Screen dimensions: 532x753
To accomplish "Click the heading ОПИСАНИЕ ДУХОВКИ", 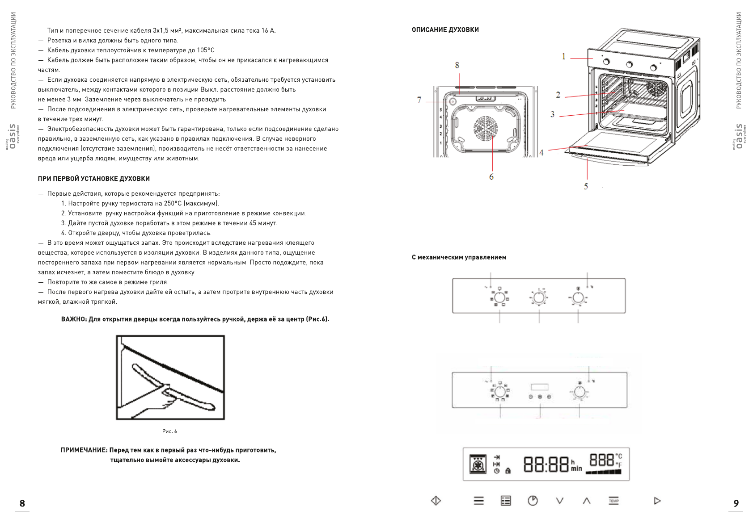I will (445, 30).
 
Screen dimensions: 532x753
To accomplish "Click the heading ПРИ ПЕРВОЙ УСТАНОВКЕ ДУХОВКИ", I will (93, 179).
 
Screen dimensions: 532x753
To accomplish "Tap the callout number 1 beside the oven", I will (564, 56).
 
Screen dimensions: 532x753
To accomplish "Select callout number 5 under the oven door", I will (586, 186).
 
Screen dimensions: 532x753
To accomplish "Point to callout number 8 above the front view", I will (457, 65).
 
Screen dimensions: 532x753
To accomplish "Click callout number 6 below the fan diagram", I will (491, 177).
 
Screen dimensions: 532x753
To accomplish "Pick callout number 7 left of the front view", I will (419, 100).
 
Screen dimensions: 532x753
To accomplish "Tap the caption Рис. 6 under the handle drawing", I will (169, 431).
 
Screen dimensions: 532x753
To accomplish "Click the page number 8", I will (22, 503).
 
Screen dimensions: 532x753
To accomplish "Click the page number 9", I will (736, 503).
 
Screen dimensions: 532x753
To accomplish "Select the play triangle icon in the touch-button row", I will (657, 501).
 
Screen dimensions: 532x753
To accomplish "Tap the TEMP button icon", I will (613, 501).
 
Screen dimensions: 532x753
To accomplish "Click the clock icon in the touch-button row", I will (533, 501).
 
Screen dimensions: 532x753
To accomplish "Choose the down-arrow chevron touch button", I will (559, 501).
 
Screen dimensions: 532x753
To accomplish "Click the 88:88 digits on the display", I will (546, 465).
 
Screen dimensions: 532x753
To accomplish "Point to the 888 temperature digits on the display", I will (601, 460).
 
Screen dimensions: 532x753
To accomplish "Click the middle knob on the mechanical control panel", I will (539, 297).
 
